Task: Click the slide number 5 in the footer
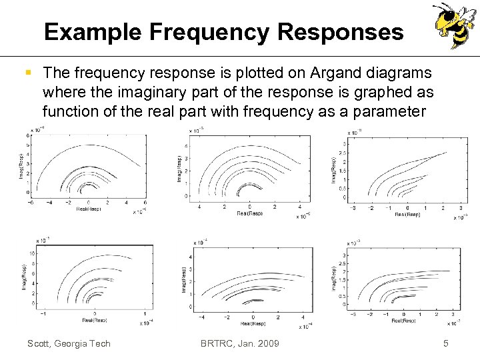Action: [x=446, y=343]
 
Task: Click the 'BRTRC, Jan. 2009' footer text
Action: [x=239, y=343]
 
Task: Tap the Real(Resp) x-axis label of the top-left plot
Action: [x=89, y=208]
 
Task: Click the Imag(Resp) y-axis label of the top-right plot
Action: [x=333, y=169]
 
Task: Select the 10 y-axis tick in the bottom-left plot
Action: [x=32, y=253]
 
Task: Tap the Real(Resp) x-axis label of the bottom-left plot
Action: [x=94, y=319]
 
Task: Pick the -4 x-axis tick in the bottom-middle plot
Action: [x=202, y=317]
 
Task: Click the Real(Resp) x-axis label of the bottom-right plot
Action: [x=405, y=321]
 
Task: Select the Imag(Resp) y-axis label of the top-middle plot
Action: [x=178, y=169]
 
